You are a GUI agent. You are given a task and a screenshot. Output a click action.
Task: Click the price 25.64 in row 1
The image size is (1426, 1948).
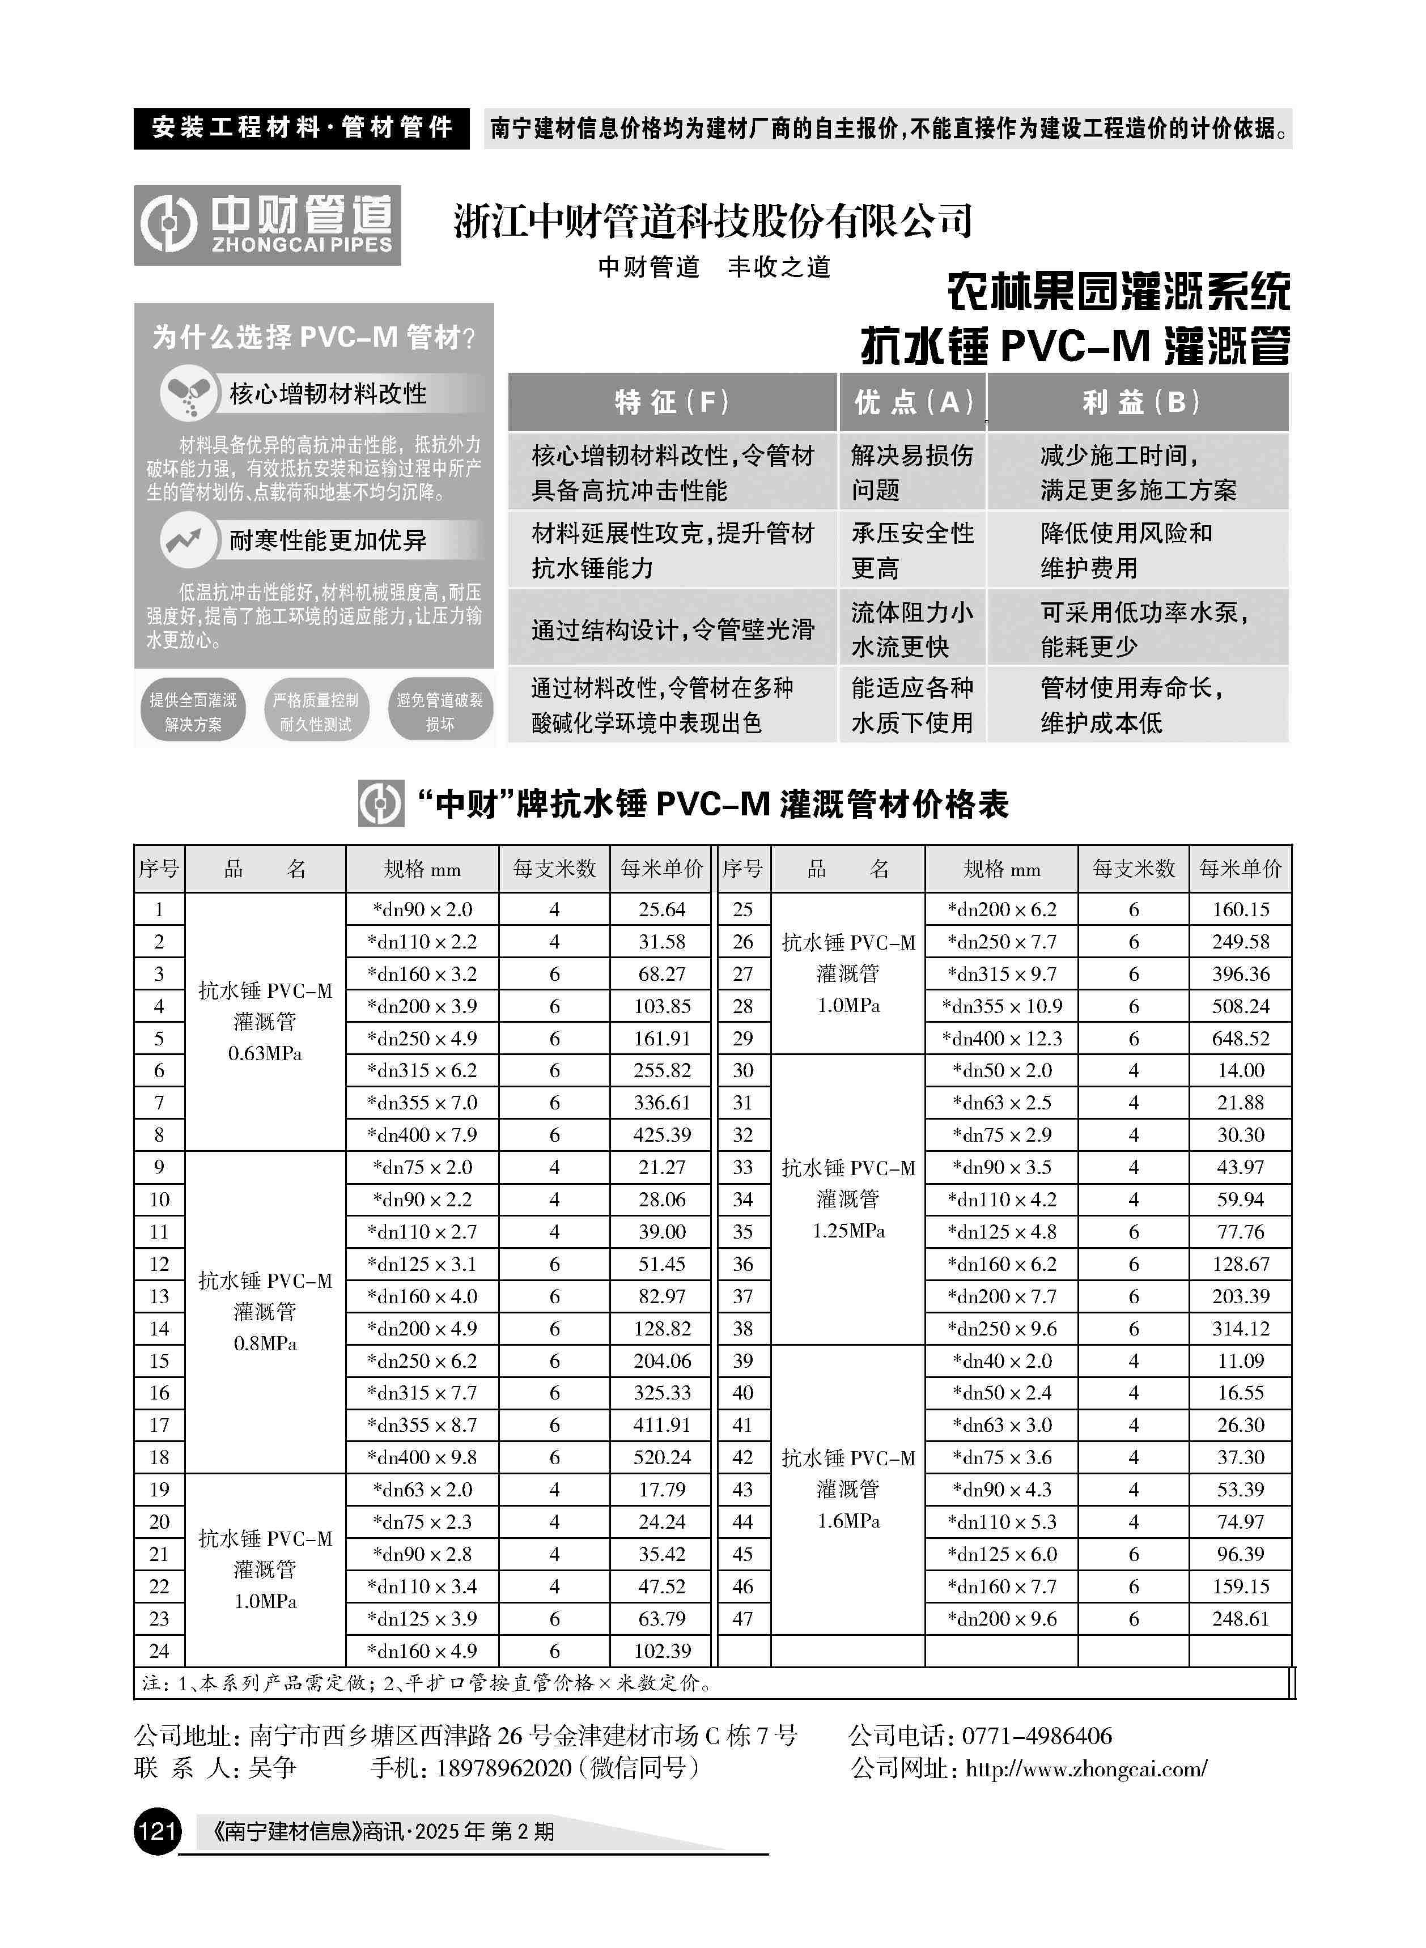click(x=661, y=909)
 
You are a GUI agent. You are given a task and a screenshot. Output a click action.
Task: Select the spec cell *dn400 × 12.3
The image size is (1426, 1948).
click(x=1001, y=1039)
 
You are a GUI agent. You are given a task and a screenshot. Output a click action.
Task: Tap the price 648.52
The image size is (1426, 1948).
click(x=1241, y=1039)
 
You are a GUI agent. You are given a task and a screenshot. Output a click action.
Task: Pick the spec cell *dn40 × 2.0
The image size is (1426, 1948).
click(x=1001, y=1362)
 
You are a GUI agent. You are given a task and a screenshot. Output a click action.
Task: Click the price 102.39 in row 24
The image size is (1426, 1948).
click(x=661, y=1651)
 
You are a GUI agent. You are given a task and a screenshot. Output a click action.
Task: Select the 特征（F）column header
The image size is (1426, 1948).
click(x=672, y=402)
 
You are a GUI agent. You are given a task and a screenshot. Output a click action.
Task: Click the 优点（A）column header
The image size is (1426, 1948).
click(x=913, y=402)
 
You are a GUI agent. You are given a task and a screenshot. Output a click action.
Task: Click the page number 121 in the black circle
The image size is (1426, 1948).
click(x=157, y=1831)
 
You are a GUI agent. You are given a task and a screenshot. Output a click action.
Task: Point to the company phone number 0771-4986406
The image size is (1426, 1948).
click(x=1037, y=1736)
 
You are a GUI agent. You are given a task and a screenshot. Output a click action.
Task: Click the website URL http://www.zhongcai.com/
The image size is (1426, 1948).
click(x=1086, y=1770)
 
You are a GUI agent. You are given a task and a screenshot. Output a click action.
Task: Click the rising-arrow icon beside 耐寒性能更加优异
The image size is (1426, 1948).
click(x=185, y=540)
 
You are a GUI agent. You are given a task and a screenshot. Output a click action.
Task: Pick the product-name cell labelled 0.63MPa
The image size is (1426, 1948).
click(x=265, y=1022)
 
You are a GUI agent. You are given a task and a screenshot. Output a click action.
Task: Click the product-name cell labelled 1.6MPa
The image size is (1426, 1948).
click(x=848, y=1490)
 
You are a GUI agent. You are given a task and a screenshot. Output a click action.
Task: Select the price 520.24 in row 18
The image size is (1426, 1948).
click(x=661, y=1458)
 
